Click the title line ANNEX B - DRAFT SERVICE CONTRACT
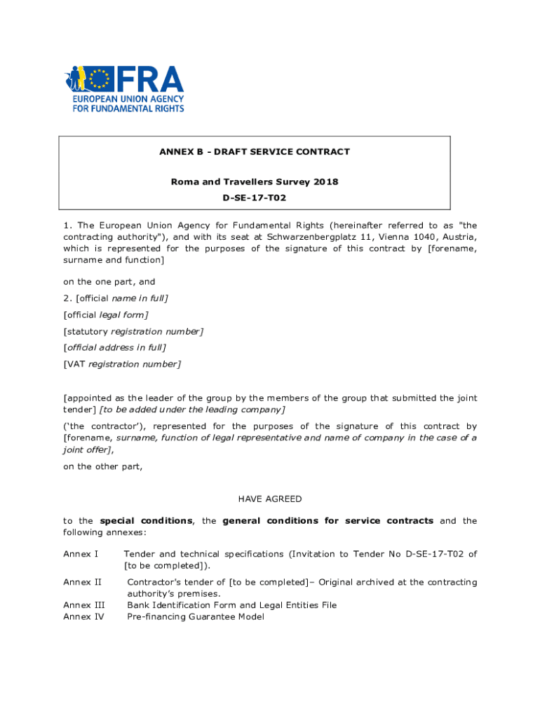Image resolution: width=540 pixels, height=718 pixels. (254, 151)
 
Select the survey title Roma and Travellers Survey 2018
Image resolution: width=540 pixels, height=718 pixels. (254, 182)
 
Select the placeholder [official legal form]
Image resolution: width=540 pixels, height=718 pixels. (105, 314)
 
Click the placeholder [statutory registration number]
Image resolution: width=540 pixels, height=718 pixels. (133, 331)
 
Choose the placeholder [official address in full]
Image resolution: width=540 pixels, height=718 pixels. (114, 347)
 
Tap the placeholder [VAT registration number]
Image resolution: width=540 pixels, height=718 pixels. (121, 364)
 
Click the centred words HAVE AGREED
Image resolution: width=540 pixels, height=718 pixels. (270, 499)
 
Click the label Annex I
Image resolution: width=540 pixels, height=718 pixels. (81, 554)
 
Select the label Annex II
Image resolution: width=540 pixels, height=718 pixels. (82, 582)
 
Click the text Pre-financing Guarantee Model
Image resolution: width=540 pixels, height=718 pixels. (196, 617)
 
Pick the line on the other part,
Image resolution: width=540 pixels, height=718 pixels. (102, 466)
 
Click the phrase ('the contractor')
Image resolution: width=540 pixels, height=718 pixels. (102, 426)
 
